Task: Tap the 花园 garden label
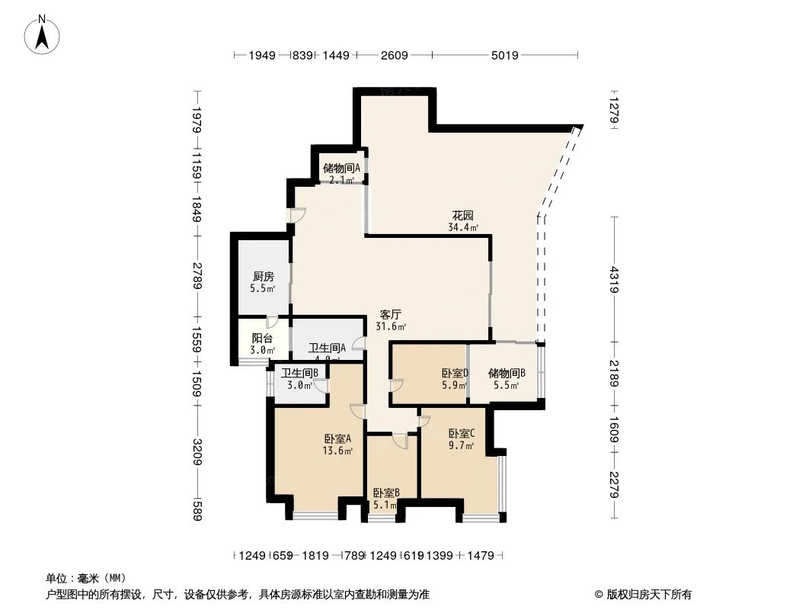(463, 216)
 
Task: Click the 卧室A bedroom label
(337, 439)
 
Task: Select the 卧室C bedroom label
(462, 432)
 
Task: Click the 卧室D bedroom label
(455, 374)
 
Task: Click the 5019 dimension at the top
(504, 55)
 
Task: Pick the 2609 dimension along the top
(395, 55)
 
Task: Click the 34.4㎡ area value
(463, 227)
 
